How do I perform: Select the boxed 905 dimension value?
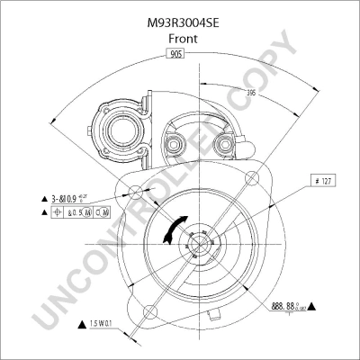click(x=177, y=56)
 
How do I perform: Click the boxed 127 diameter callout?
click(x=323, y=181)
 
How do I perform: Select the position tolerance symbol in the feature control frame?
click(x=59, y=213)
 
